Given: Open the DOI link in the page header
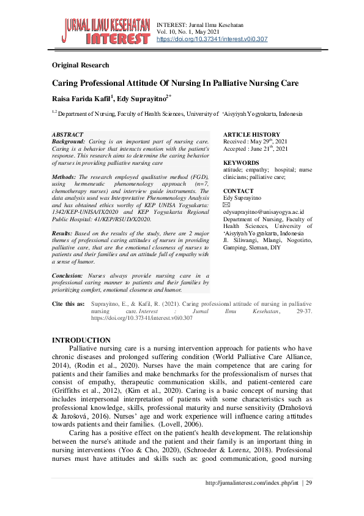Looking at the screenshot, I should (212, 39).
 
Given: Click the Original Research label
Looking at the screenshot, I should (81, 65).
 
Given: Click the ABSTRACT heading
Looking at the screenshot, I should (67, 134).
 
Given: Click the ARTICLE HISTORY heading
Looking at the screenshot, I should (251, 134).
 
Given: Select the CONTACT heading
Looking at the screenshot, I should (238, 191).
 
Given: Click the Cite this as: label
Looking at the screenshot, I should (69, 304).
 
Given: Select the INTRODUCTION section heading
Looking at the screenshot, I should (81, 340).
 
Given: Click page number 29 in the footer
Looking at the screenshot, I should (309, 484).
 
